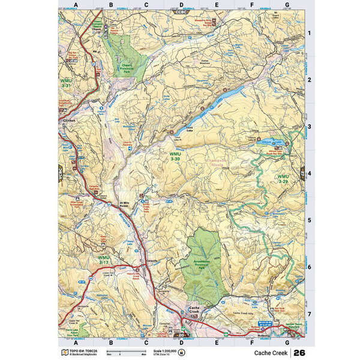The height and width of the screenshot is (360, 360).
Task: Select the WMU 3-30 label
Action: click(175, 157)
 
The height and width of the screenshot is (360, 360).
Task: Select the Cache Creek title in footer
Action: click(269, 352)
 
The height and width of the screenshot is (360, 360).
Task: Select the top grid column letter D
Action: click(181, 5)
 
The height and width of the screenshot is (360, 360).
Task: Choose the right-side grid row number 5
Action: click(309, 220)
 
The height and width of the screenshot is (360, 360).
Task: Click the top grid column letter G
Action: click(287, 5)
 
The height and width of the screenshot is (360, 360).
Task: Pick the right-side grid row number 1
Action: click(309, 34)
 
